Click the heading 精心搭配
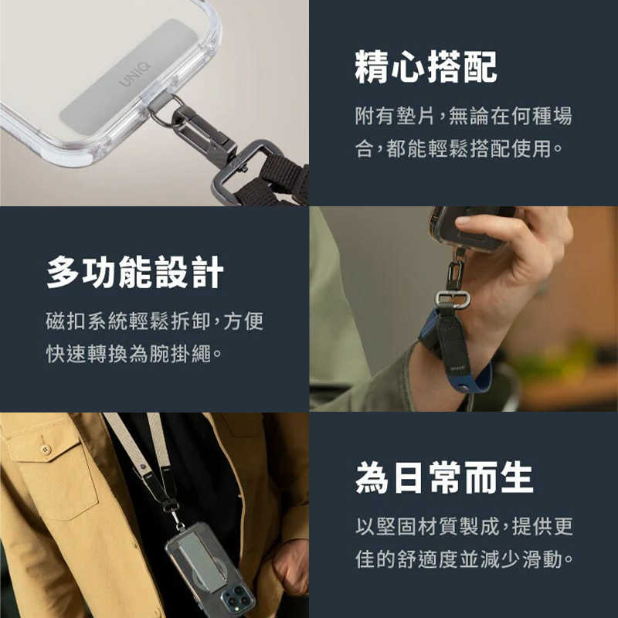[426, 68]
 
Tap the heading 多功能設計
[135, 273]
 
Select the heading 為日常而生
[444, 478]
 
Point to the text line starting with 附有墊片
[463, 117]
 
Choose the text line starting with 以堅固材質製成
[463, 527]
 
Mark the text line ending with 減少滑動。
[463, 559]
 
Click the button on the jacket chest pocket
[46, 449]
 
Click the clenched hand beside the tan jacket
[292, 568]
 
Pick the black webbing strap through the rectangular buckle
[282, 176]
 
